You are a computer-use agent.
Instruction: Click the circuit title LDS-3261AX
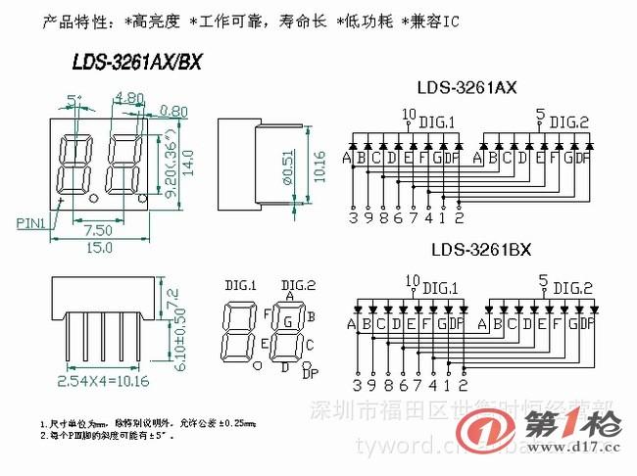click(x=467, y=88)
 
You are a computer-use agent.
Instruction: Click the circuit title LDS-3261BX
click(x=480, y=250)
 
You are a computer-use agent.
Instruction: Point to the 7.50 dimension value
click(x=96, y=229)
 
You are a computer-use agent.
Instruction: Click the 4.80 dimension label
click(x=129, y=97)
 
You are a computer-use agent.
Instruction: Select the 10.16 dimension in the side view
click(x=318, y=163)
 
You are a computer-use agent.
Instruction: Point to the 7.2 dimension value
click(x=174, y=294)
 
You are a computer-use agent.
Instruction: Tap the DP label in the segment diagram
click(x=310, y=374)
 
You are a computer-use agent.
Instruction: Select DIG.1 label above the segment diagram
click(x=240, y=285)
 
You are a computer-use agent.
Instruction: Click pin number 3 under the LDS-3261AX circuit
click(x=353, y=217)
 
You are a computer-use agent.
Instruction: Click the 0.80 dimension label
click(x=173, y=111)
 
